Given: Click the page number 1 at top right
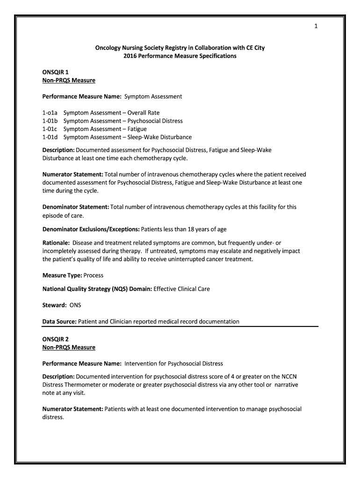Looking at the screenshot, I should pyautogui.click(x=316, y=26).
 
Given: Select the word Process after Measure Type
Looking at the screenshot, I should pyautogui.click(x=94, y=276).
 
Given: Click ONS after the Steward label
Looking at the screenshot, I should pyautogui.click(x=75, y=305).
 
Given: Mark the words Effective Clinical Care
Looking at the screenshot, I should pyautogui.click(x=182, y=289).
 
